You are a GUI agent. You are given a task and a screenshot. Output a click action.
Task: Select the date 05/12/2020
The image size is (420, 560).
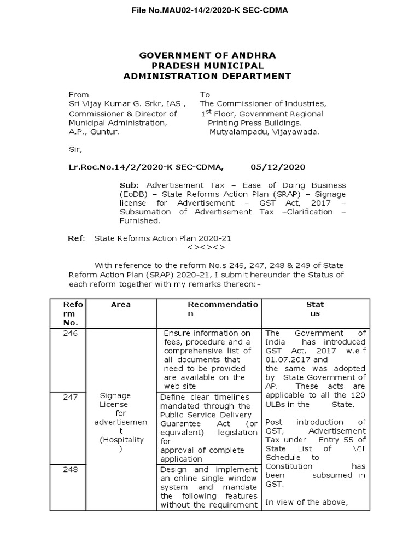coord(278,167)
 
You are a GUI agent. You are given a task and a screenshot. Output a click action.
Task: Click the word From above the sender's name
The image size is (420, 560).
coord(79,94)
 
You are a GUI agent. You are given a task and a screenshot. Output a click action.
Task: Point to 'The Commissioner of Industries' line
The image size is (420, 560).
coord(262,103)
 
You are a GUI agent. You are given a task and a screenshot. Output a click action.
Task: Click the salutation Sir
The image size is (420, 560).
coord(75,148)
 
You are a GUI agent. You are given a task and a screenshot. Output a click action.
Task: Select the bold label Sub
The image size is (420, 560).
coord(126,185)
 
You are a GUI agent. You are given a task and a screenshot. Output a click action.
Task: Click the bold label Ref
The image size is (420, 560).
coord(75,238)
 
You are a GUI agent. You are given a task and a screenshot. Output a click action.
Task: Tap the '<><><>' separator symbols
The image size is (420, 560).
coord(207,247)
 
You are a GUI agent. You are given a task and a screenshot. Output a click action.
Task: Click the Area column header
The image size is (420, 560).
coord(121,304)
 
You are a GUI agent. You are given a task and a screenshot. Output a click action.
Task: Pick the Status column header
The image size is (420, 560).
coord(315,308)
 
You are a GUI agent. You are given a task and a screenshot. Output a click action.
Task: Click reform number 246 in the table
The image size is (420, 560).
coord(70,333)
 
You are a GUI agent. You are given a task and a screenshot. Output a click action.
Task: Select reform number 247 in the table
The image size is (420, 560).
coord(70,397)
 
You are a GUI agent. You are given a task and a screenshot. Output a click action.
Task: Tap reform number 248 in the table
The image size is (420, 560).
coord(70,470)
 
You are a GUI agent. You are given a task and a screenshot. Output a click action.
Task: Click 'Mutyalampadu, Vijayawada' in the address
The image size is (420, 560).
coord(264,131)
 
